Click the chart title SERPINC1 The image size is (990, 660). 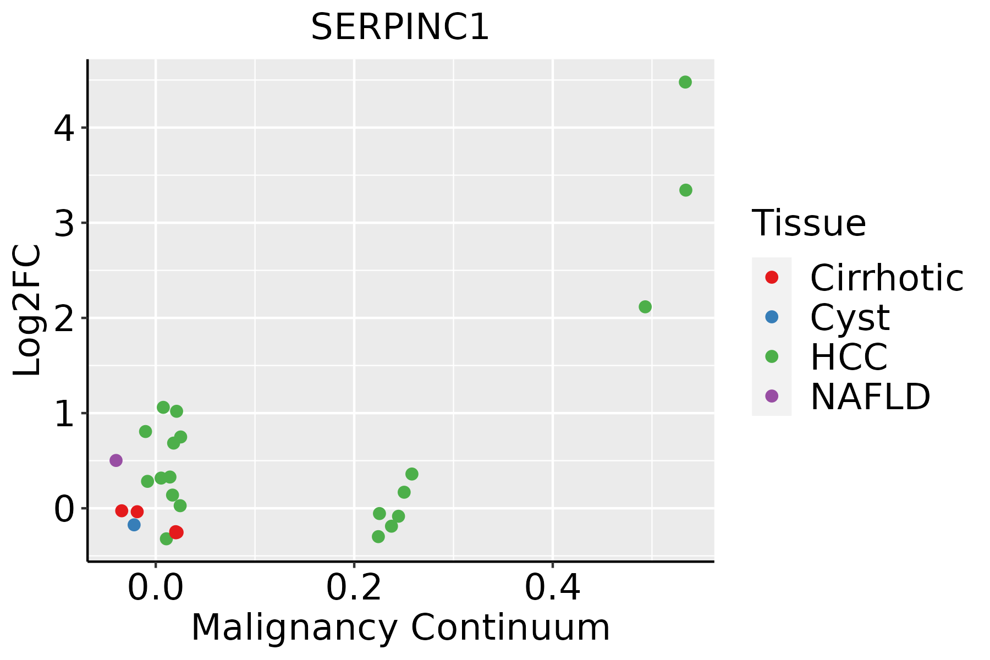(x=400, y=28)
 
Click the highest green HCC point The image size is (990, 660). (x=685, y=82)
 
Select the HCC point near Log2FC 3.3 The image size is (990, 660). (x=685, y=190)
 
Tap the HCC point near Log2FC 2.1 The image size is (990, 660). (x=645, y=307)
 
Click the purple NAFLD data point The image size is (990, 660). (x=116, y=460)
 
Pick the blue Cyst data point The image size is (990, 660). (x=134, y=525)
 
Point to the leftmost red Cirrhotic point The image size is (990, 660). (x=122, y=511)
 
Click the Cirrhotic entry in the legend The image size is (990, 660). (x=886, y=278)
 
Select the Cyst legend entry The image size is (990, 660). (x=849, y=317)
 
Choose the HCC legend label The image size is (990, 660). (x=849, y=357)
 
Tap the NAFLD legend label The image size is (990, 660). (x=870, y=397)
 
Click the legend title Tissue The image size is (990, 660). (x=809, y=223)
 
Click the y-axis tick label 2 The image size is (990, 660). (x=64, y=318)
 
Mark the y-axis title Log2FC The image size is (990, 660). (x=28, y=310)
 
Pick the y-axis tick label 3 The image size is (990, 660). (x=64, y=223)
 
